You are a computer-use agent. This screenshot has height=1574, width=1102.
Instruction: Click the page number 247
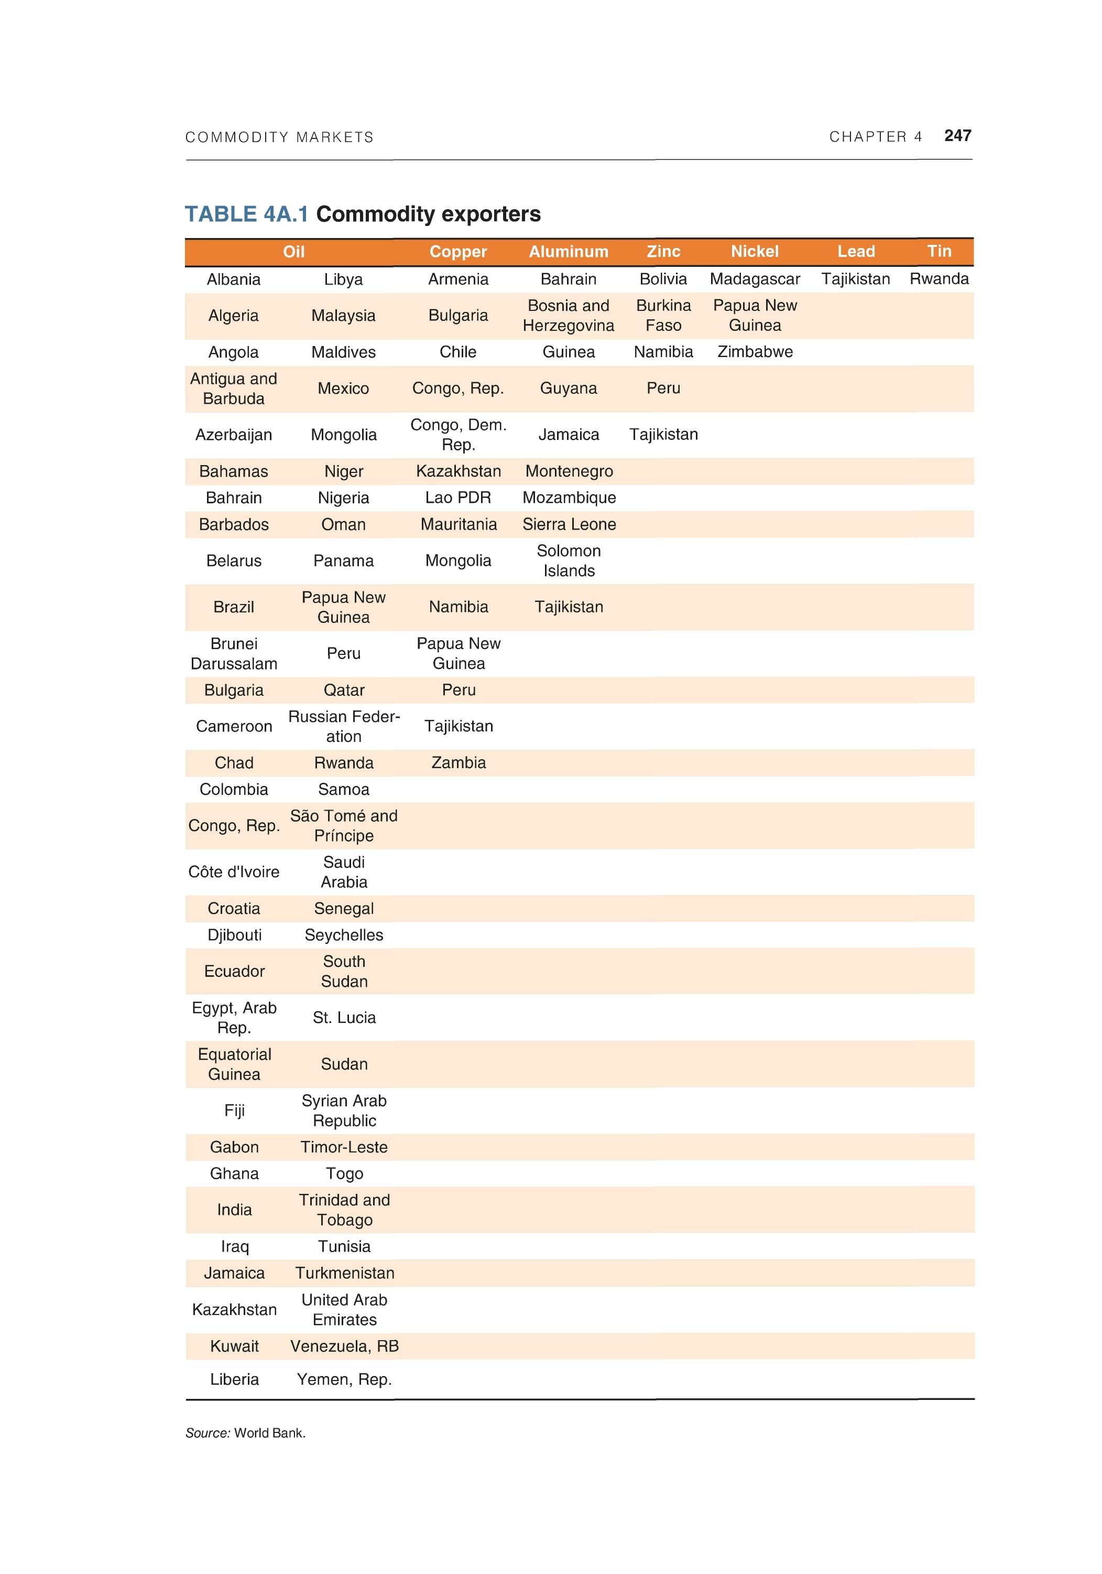[x=957, y=136]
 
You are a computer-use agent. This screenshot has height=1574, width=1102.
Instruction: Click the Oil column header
[x=293, y=252]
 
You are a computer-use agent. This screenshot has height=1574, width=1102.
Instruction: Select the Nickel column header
[x=754, y=252]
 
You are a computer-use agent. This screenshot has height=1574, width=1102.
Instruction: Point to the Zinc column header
[x=663, y=252]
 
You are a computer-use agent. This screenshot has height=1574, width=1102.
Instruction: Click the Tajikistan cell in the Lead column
[x=855, y=279]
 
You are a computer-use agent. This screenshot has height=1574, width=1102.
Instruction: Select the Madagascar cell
[x=754, y=279]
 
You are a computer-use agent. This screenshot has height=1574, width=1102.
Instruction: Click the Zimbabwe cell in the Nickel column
[x=754, y=352]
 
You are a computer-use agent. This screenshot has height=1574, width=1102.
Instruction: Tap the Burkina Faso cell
[x=663, y=315]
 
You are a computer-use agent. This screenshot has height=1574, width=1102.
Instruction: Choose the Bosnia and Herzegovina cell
[x=568, y=315]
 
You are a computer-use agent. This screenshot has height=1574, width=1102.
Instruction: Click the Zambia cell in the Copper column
[x=458, y=762]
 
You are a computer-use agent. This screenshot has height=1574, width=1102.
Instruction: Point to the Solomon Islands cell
[x=568, y=561]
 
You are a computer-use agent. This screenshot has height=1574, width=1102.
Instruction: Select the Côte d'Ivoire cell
[x=234, y=872]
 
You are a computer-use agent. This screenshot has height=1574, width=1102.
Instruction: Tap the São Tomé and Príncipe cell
[x=343, y=825]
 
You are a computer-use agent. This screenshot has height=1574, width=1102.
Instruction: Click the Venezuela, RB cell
[x=344, y=1346]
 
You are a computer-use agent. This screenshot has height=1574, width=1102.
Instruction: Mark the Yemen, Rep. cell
[x=344, y=1379]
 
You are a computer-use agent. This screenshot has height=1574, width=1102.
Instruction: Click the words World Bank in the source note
[x=269, y=1433]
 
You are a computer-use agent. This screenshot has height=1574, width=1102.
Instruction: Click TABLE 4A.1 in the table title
[x=247, y=214]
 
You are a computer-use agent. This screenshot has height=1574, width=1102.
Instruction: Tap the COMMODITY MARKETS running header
[x=279, y=137]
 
